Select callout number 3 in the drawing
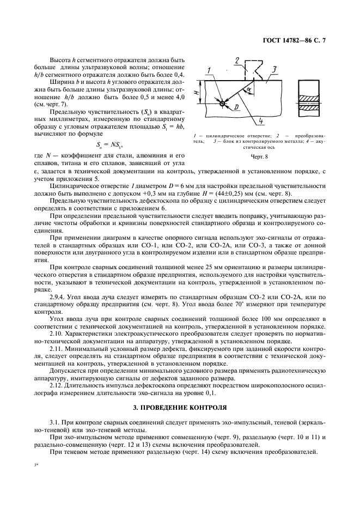point(274,69)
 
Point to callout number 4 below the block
point(261,120)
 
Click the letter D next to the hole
point(236,109)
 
